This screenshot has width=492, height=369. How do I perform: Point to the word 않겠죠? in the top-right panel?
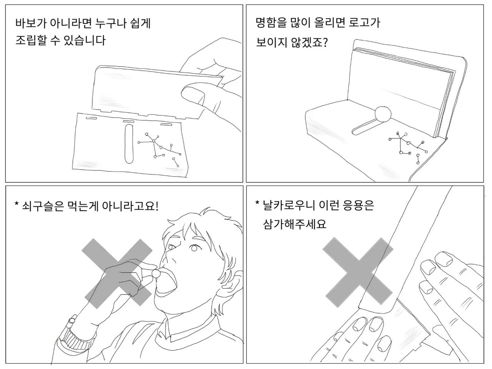coord(309,42)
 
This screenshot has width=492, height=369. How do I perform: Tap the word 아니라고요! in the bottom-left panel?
coord(130,206)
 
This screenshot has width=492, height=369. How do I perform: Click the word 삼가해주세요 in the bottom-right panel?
coord(294,224)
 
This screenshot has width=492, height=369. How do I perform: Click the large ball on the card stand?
coord(383,114)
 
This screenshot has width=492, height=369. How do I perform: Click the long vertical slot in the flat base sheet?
coord(129,144)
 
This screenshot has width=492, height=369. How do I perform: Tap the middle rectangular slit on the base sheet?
coord(129,122)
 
